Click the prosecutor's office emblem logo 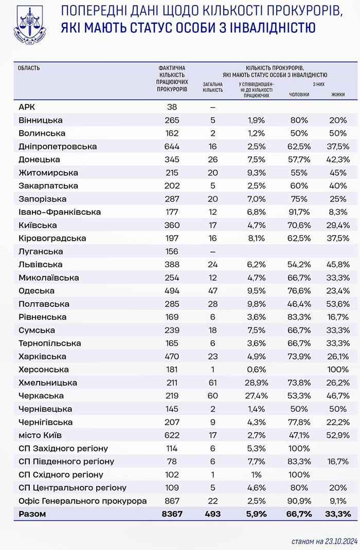click(29, 24)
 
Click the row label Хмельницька click(47, 382)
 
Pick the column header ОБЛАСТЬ click(29, 67)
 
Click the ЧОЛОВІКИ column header click(299, 95)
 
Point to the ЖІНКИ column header click(338, 95)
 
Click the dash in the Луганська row click(212, 251)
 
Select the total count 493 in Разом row click(212, 514)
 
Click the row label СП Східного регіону click(61, 474)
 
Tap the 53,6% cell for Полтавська click(338, 304)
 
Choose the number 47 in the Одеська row click(212, 291)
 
